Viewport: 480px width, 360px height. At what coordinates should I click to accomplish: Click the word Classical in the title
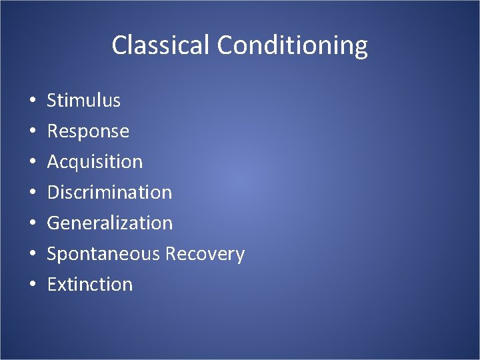click(x=161, y=45)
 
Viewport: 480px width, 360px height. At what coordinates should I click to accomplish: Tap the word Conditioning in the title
click(x=293, y=46)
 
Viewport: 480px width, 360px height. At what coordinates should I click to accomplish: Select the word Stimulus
click(x=83, y=101)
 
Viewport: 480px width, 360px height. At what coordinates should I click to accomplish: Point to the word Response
click(x=88, y=131)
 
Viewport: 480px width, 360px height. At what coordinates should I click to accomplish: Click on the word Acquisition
click(x=95, y=162)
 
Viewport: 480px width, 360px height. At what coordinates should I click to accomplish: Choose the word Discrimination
click(x=109, y=193)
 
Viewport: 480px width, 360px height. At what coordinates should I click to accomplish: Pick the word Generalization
click(x=109, y=223)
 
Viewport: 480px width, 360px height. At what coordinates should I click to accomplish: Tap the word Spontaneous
click(x=103, y=254)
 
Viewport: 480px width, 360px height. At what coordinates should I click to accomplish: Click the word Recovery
click(x=205, y=254)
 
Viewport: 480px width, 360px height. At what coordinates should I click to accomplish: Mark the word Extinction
click(x=90, y=285)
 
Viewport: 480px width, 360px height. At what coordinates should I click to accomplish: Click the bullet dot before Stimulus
click(x=32, y=101)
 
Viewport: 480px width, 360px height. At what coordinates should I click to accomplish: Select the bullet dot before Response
click(x=32, y=132)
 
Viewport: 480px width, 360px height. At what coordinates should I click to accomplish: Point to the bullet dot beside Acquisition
click(x=32, y=163)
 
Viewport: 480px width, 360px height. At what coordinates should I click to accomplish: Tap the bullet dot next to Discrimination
click(x=32, y=193)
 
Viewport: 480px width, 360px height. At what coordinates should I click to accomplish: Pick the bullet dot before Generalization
click(x=32, y=224)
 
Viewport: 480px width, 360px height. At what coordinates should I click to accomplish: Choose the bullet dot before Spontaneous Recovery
click(x=32, y=255)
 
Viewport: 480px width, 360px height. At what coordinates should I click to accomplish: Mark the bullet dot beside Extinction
click(x=32, y=285)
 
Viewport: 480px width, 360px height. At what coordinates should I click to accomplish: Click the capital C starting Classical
click(x=119, y=45)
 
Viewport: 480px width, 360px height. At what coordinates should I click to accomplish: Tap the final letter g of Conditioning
click(x=360, y=48)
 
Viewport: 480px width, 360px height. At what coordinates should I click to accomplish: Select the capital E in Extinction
click(x=52, y=285)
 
